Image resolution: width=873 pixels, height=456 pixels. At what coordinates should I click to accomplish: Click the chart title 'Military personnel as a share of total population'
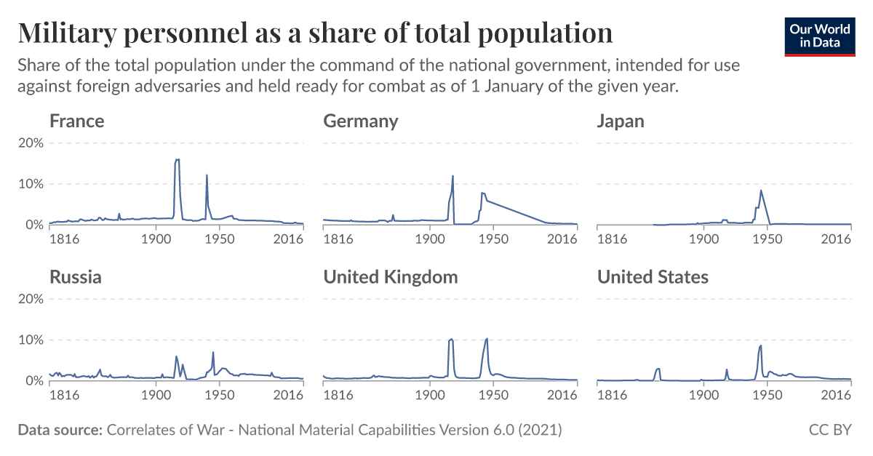(x=315, y=33)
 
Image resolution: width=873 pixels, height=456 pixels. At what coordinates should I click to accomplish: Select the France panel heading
(x=76, y=121)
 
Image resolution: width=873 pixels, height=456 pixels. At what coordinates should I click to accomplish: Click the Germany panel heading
(x=360, y=121)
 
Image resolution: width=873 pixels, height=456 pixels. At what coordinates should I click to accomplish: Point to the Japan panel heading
(x=620, y=121)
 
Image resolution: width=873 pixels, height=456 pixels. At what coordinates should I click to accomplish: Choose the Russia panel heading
(x=75, y=277)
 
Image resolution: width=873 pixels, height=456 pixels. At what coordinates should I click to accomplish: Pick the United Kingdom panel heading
(x=390, y=277)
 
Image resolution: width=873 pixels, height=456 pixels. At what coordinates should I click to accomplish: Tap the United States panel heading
(x=652, y=277)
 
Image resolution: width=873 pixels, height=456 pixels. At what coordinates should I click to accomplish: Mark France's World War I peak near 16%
(x=177, y=160)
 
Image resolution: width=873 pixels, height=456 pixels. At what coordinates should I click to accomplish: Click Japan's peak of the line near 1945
(x=761, y=191)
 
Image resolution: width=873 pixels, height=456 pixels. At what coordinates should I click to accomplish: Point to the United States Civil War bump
(x=658, y=369)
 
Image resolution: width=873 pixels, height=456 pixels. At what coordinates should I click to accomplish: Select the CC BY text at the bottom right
(x=830, y=430)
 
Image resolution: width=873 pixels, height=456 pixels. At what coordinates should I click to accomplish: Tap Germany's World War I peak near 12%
(x=453, y=176)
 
